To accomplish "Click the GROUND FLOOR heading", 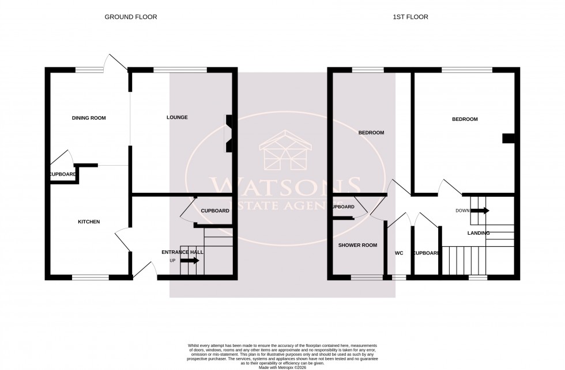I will [130, 17].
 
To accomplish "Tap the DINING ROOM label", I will [89, 118].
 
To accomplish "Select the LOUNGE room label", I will [177, 117].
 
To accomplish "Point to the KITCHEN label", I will [89, 222].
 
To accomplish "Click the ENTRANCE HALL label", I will [182, 252].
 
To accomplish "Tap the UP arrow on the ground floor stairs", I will [190, 261].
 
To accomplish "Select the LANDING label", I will [479, 233].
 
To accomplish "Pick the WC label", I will [399, 253].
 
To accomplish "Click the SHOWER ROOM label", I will [357, 245].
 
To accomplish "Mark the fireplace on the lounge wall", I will [229, 133].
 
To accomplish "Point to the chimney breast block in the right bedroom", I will [508, 138].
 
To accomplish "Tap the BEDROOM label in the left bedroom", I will [371, 133].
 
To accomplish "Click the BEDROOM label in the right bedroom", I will [464, 119].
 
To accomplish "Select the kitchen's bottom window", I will [90, 277].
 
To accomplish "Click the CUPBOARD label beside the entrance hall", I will [214, 211].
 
